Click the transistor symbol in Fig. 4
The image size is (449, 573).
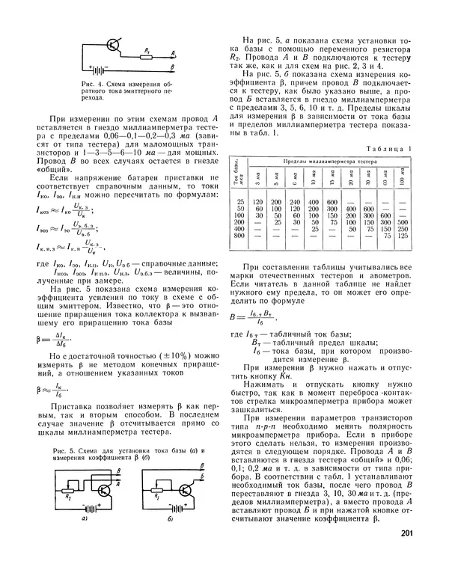pos(112,46)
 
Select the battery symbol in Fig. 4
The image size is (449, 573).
pos(97,69)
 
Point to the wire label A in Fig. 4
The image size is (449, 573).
pos(173,52)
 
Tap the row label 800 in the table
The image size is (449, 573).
pos(241,236)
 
